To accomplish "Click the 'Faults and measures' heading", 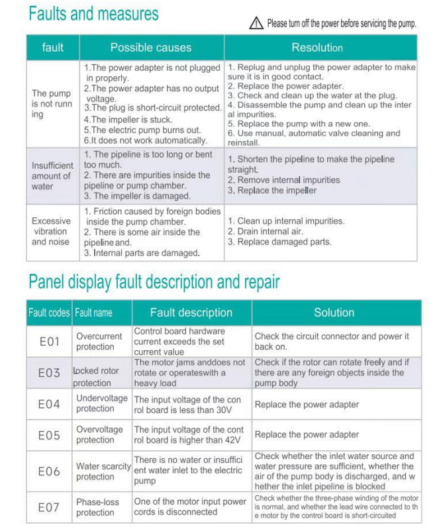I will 93,13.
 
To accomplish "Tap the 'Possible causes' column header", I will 150,48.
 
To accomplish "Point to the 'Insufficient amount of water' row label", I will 51,176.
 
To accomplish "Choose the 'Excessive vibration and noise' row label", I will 51,232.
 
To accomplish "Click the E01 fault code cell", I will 49,342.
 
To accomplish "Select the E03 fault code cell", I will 49,373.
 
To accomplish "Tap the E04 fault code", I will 49,404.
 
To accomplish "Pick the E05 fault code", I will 49,435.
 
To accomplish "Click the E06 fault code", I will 49,471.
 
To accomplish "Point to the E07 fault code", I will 49,507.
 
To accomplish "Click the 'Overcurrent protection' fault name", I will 99,342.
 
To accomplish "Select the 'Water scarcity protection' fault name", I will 103,471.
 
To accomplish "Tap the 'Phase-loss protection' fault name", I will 98,507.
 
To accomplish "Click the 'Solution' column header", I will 334,313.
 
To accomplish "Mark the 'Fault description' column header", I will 191,313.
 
